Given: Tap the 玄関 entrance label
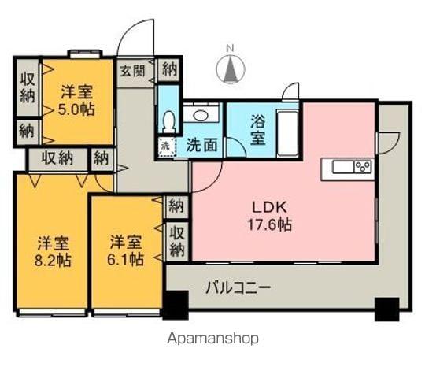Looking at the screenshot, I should [x=133, y=70].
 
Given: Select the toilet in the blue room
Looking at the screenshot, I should [x=167, y=119].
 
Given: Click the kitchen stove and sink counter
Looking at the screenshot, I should [x=351, y=167].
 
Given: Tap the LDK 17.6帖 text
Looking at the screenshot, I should [x=272, y=215].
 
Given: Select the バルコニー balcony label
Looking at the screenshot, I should [x=238, y=287].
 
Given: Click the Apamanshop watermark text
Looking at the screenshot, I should [x=213, y=339].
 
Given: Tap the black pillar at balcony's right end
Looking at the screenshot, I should [x=386, y=309].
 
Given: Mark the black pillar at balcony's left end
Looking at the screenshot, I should [x=176, y=304].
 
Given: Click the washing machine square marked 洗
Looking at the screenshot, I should [x=165, y=146].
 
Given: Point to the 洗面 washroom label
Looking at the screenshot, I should [x=201, y=146].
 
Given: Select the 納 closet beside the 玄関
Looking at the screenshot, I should [x=169, y=69].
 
